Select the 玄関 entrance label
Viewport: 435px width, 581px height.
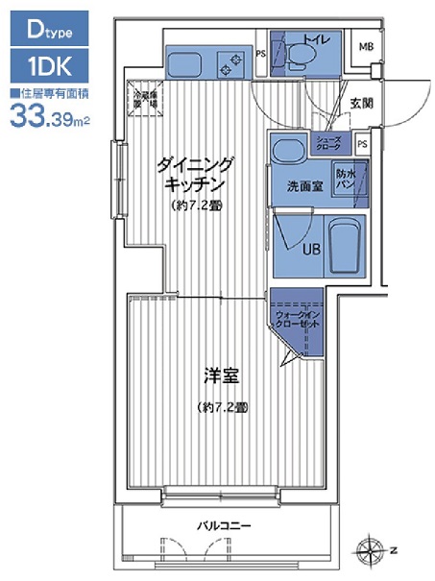[x=361, y=103]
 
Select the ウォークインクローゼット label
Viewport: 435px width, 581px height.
[x=296, y=319]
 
